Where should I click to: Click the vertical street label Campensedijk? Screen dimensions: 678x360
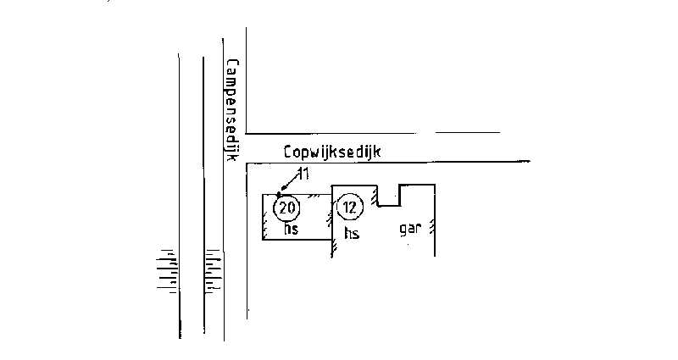(x=232, y=111)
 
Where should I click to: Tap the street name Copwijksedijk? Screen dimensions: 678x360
(x=332, y=152)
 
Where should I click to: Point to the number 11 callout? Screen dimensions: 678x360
(x=303, y=174)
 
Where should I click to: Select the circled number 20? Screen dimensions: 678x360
(x=286, y=208)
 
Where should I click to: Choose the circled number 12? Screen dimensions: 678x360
(x=349, y=208)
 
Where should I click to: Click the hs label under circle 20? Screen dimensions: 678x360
(x=291, y=229)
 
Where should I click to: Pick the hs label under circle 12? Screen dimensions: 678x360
(x=352, y=233)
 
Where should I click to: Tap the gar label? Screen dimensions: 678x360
(x=409, y=228)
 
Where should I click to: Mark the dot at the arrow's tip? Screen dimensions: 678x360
(x=279, y=194)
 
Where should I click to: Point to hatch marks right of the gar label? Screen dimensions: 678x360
(x=431, y=227)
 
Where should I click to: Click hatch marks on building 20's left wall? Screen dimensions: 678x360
(x=265, y=222)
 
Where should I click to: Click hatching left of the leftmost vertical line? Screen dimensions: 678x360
(x=167, y=270)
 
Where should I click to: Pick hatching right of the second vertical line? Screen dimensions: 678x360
(x=214, y=271)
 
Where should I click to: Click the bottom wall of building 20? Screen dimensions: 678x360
(x=297, y=239)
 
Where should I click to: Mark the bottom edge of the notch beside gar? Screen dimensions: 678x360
(x=389, y=206)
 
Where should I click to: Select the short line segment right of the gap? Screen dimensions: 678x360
(x=468, y=133)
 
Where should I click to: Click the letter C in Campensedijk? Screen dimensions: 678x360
(x=232, y=64)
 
